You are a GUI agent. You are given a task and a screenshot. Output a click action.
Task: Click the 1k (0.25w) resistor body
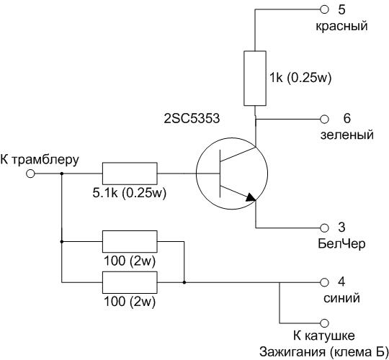click(255, 78)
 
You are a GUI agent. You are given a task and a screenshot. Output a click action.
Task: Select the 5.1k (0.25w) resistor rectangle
click(130, 174)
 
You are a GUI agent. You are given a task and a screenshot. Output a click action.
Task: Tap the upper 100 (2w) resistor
click(130, 241)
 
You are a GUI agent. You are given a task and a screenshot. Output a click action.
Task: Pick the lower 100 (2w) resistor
click(130, 282)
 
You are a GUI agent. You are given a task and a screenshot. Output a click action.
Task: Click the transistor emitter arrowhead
click(251, 197)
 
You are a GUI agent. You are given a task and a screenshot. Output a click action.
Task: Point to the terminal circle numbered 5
click(324, 9)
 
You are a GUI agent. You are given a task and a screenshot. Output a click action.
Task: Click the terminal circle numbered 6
click(324, 119)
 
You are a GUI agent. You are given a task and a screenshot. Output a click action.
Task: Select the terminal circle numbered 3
click(324, 228)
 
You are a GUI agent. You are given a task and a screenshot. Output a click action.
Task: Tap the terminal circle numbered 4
click(324, 282)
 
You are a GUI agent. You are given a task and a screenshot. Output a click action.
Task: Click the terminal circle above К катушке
click(324, 323)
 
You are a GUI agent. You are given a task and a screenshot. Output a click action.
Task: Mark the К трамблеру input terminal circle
click(30, 174)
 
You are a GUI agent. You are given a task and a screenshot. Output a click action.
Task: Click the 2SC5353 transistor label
click(192, 118)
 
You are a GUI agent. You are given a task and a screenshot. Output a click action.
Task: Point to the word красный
click(341, 27)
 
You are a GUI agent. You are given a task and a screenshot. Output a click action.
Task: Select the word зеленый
click(346, 135)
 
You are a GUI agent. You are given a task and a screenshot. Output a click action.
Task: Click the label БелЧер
click(341, 243)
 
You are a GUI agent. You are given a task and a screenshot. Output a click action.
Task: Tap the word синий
click(341, 298)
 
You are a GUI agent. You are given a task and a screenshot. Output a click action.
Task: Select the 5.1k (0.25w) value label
click(129, 193)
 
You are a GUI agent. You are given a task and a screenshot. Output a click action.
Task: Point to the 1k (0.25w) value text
click(300, 78)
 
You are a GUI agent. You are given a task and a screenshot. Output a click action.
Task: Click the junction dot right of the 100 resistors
click(184, 282)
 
